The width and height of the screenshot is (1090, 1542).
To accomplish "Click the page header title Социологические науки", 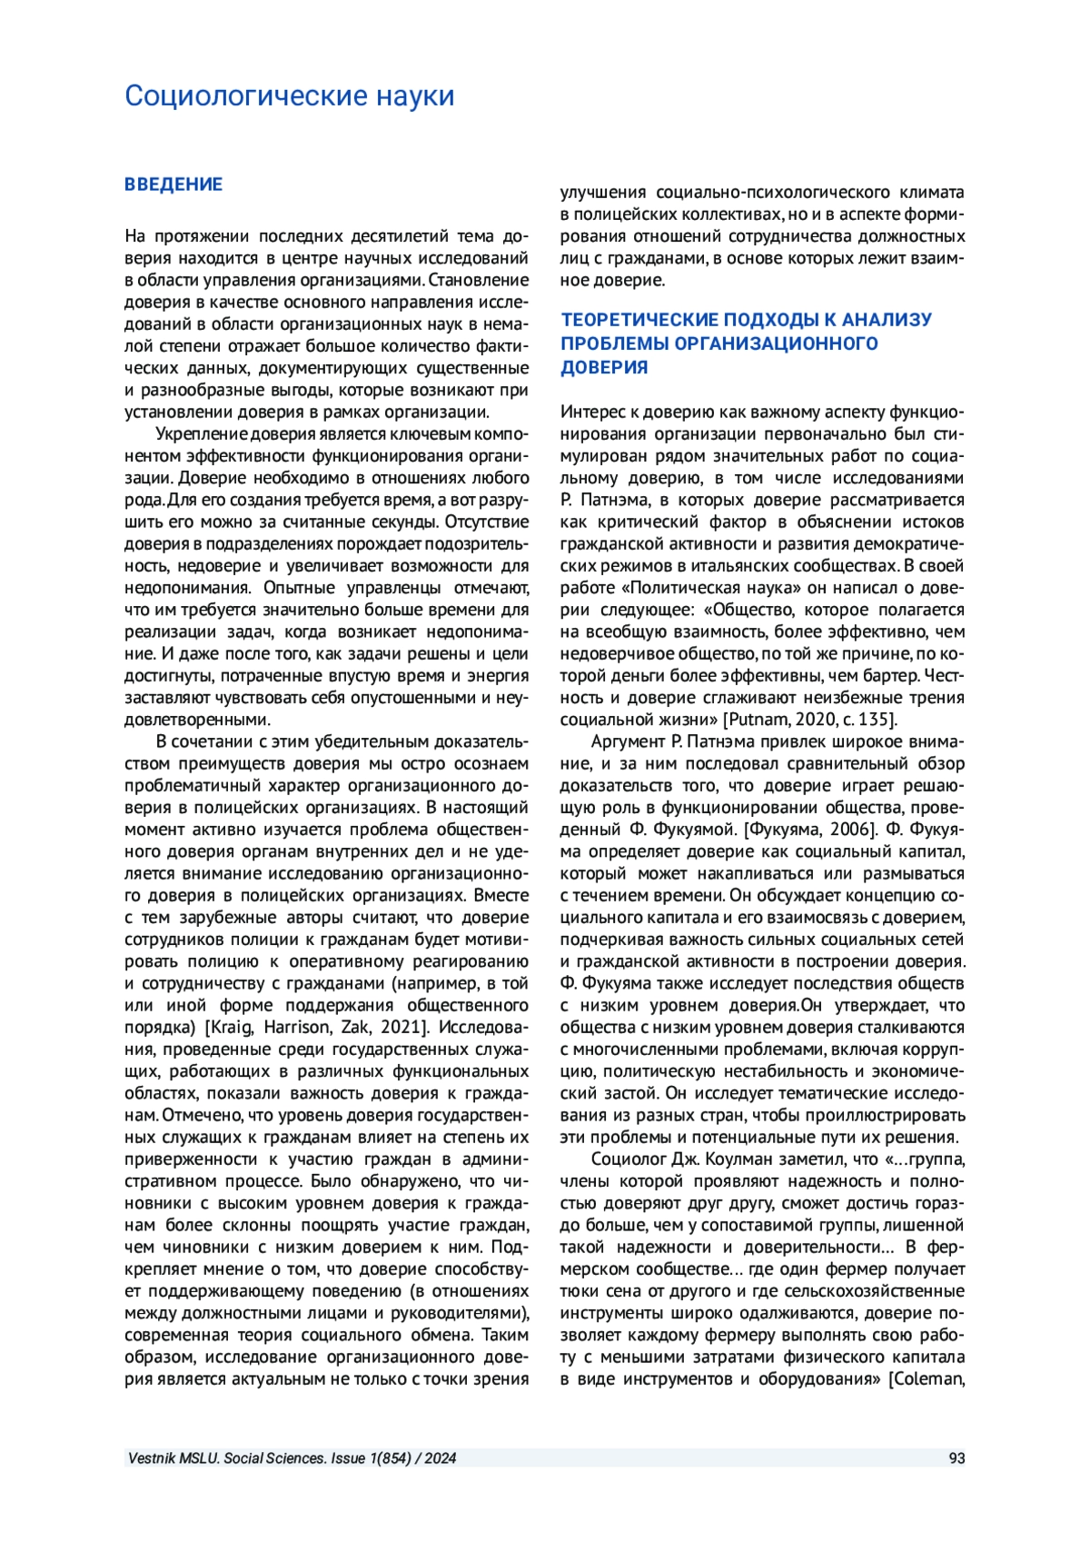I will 289,96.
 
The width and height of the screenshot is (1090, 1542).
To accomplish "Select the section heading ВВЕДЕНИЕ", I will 173,184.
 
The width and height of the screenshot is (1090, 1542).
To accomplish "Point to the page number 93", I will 956,1458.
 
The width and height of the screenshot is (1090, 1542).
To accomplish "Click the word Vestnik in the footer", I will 150,1458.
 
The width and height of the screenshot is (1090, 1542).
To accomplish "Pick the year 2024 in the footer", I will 440,1458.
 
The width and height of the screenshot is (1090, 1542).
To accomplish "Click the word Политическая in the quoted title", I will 678,588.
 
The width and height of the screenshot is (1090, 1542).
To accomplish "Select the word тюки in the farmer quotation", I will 578,1291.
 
